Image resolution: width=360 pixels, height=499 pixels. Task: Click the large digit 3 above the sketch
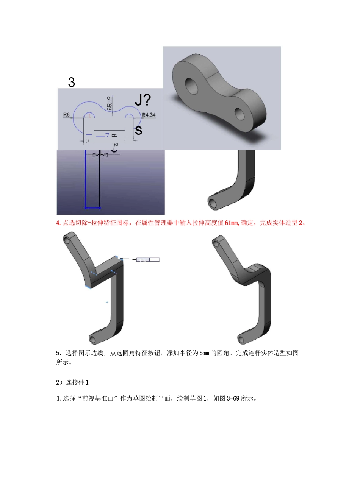pyautogui.click(x=71, y=82)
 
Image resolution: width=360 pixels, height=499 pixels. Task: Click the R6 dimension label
pyautogui.click(x=66, y=115)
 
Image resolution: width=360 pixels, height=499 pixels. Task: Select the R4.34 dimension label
pyautogui.click(x=149, y=115)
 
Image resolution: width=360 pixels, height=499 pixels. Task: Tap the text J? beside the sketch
pyautogui.click(x=143, y=100)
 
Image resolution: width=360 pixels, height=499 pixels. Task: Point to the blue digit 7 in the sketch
pyautogui.click(x=107, y=135)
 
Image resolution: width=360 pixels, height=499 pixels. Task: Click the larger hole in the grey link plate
pyautogui.click(x=191, y=86)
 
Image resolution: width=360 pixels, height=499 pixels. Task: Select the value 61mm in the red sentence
pyautogui.click(x=232, y=223)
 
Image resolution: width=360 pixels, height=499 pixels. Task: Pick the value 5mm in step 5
pyautogui.click(x=204, y=353)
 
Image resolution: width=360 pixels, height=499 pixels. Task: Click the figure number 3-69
pyautogui.click(x=233, y=398)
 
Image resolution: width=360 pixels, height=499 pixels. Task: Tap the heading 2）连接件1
pyautogui.click(x=72, y=382)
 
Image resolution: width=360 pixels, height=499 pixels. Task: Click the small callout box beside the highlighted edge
pyautogui.click(x=148, y=260)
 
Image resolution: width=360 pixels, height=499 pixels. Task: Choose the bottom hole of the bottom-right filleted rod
pyautogui.click(x=240, y=339)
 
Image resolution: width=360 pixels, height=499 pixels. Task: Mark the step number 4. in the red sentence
pyautogui.click(x=58, y=223)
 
